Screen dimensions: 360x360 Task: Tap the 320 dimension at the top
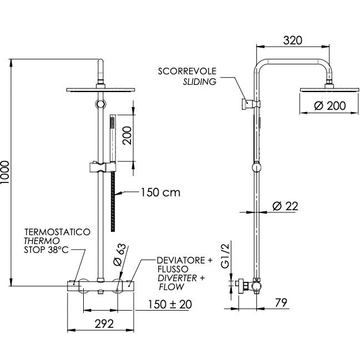293,40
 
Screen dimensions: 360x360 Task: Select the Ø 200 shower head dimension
329,106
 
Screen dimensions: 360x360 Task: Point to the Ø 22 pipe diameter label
285,206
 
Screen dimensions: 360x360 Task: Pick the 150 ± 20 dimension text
170,305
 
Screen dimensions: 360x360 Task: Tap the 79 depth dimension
281,303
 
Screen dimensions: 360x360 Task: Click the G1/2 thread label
225,256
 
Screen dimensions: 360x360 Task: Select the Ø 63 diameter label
120,255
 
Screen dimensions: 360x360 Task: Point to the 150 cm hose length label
160,192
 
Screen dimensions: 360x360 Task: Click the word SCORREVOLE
187,71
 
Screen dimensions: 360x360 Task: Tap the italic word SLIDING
200,82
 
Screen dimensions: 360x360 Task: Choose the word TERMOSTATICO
57,232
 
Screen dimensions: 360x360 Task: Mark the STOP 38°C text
47,250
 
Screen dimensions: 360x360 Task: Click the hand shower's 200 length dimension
127,135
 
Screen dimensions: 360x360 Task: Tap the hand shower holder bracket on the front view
103,167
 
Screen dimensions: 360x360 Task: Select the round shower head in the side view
329,89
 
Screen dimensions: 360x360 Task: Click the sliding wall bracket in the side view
251,104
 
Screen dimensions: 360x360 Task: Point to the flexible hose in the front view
113,201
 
